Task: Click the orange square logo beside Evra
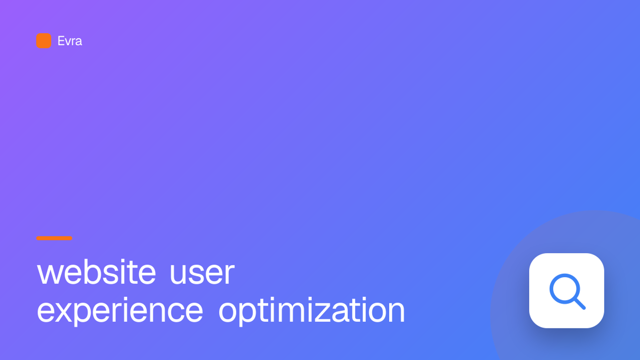pyautogui.click(x=44, y=41)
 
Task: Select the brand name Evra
pyautogui.click(x=70, y=41)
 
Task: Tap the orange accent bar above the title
pyautogui.click(x=54, y=238)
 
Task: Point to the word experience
pyautogui.click(x=120, y=311)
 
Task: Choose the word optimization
pyautogui.click(x=312, y=310)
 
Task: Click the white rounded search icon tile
pyautogui.click(x=566, y=290)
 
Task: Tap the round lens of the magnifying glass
pyautogui.click(x=565, y=289)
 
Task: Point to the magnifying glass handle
pyautogui.click(x=580, y=304)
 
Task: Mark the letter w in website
pyautogui.click(x=52, y=274)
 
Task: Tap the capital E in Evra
pyautogui.click(x=61, y=41)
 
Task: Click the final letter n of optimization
pyautogui.click(x=396, y=312)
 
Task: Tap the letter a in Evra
pyautogui.click(x=78, y=42)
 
